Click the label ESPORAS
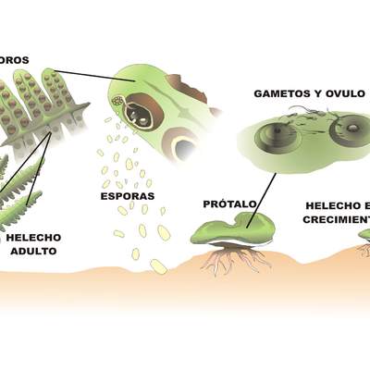point(127,196)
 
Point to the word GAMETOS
point(284,94)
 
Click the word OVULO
point(349,94)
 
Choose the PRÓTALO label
point(228,203)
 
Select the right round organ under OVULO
point(348,129)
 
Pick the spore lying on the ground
point(158,266)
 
